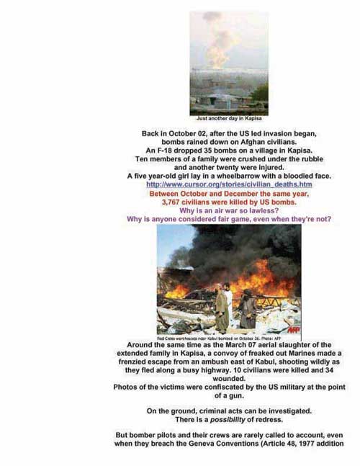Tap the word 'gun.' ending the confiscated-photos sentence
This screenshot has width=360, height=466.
pyautogui.click(x=244, y=395)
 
